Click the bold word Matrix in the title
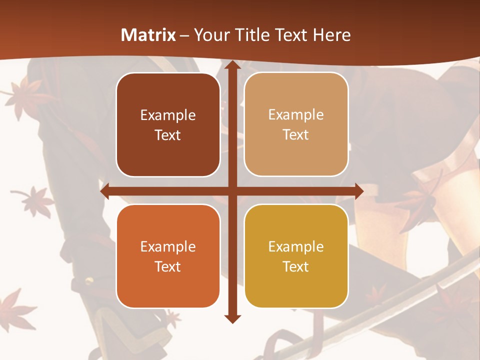(148, 35)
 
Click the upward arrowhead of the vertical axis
(232, 65)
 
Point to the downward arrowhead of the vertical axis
(232, 318)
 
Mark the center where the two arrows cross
(232, 190)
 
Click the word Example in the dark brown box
(168, 115)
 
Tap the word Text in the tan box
(296, 135)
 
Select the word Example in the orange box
(168, 246)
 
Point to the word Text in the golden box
(296, 266)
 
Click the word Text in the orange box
(168, 266)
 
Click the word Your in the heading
(207, 35)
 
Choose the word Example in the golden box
(296, 246)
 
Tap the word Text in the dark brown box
(168, 135)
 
